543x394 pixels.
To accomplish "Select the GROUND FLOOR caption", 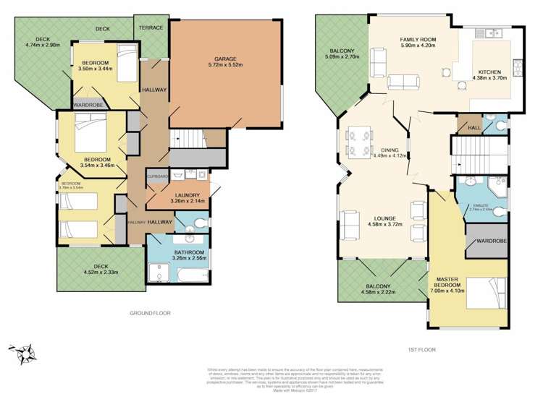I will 150,313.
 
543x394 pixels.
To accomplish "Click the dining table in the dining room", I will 360,142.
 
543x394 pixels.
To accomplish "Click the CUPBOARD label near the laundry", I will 158,176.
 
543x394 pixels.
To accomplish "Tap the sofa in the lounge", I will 350,225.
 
